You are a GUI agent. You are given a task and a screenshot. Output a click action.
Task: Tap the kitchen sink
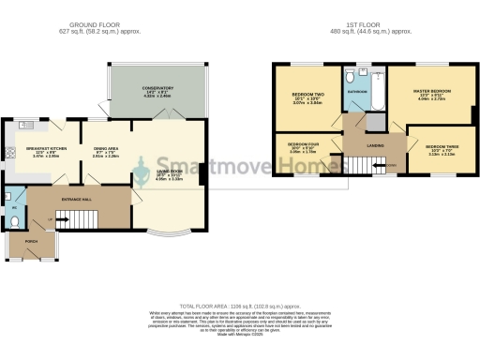point(27,125)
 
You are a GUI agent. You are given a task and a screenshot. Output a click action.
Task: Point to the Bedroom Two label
point(306,95)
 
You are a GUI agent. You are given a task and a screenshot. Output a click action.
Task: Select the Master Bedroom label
point(432,91)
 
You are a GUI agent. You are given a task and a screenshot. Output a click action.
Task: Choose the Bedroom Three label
point(441,148)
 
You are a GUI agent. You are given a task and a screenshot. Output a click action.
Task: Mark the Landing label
point(359,145)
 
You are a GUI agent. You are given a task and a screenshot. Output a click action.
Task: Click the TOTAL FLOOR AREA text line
point(240,306)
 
